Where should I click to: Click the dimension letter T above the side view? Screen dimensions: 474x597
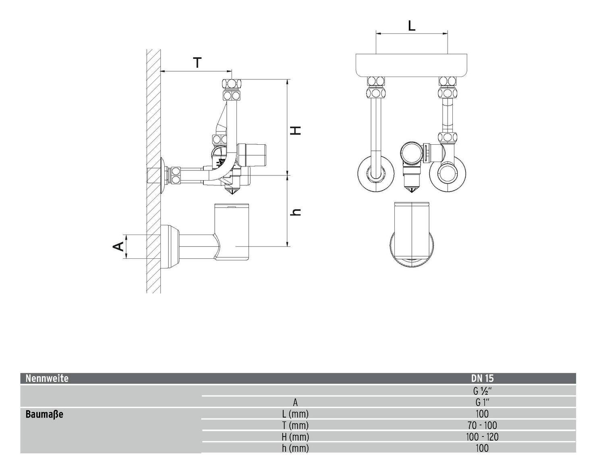[197, 63]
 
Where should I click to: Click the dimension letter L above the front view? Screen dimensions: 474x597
[411, 26]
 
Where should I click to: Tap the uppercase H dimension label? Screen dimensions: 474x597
[296, 130]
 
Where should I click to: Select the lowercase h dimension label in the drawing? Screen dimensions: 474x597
[296, 212]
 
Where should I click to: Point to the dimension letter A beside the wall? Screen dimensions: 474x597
[118, 246]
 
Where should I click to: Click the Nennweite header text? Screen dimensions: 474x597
[47, 378]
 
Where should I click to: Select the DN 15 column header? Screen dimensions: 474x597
[482, 378]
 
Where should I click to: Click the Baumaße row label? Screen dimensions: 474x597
[44, 414]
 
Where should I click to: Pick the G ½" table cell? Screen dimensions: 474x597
[482, 391]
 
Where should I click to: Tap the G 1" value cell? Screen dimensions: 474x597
[482, 402]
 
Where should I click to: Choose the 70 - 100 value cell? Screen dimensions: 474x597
[482, 425]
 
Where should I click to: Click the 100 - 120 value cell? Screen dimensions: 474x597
[482, 437]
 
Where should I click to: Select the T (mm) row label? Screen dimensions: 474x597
[295, 425]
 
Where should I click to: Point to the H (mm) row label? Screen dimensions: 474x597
[295, 437]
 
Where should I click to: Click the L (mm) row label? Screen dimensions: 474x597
[295, 414]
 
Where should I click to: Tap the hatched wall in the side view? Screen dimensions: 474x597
[153, 121]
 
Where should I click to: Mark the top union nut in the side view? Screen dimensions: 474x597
[232, 85]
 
